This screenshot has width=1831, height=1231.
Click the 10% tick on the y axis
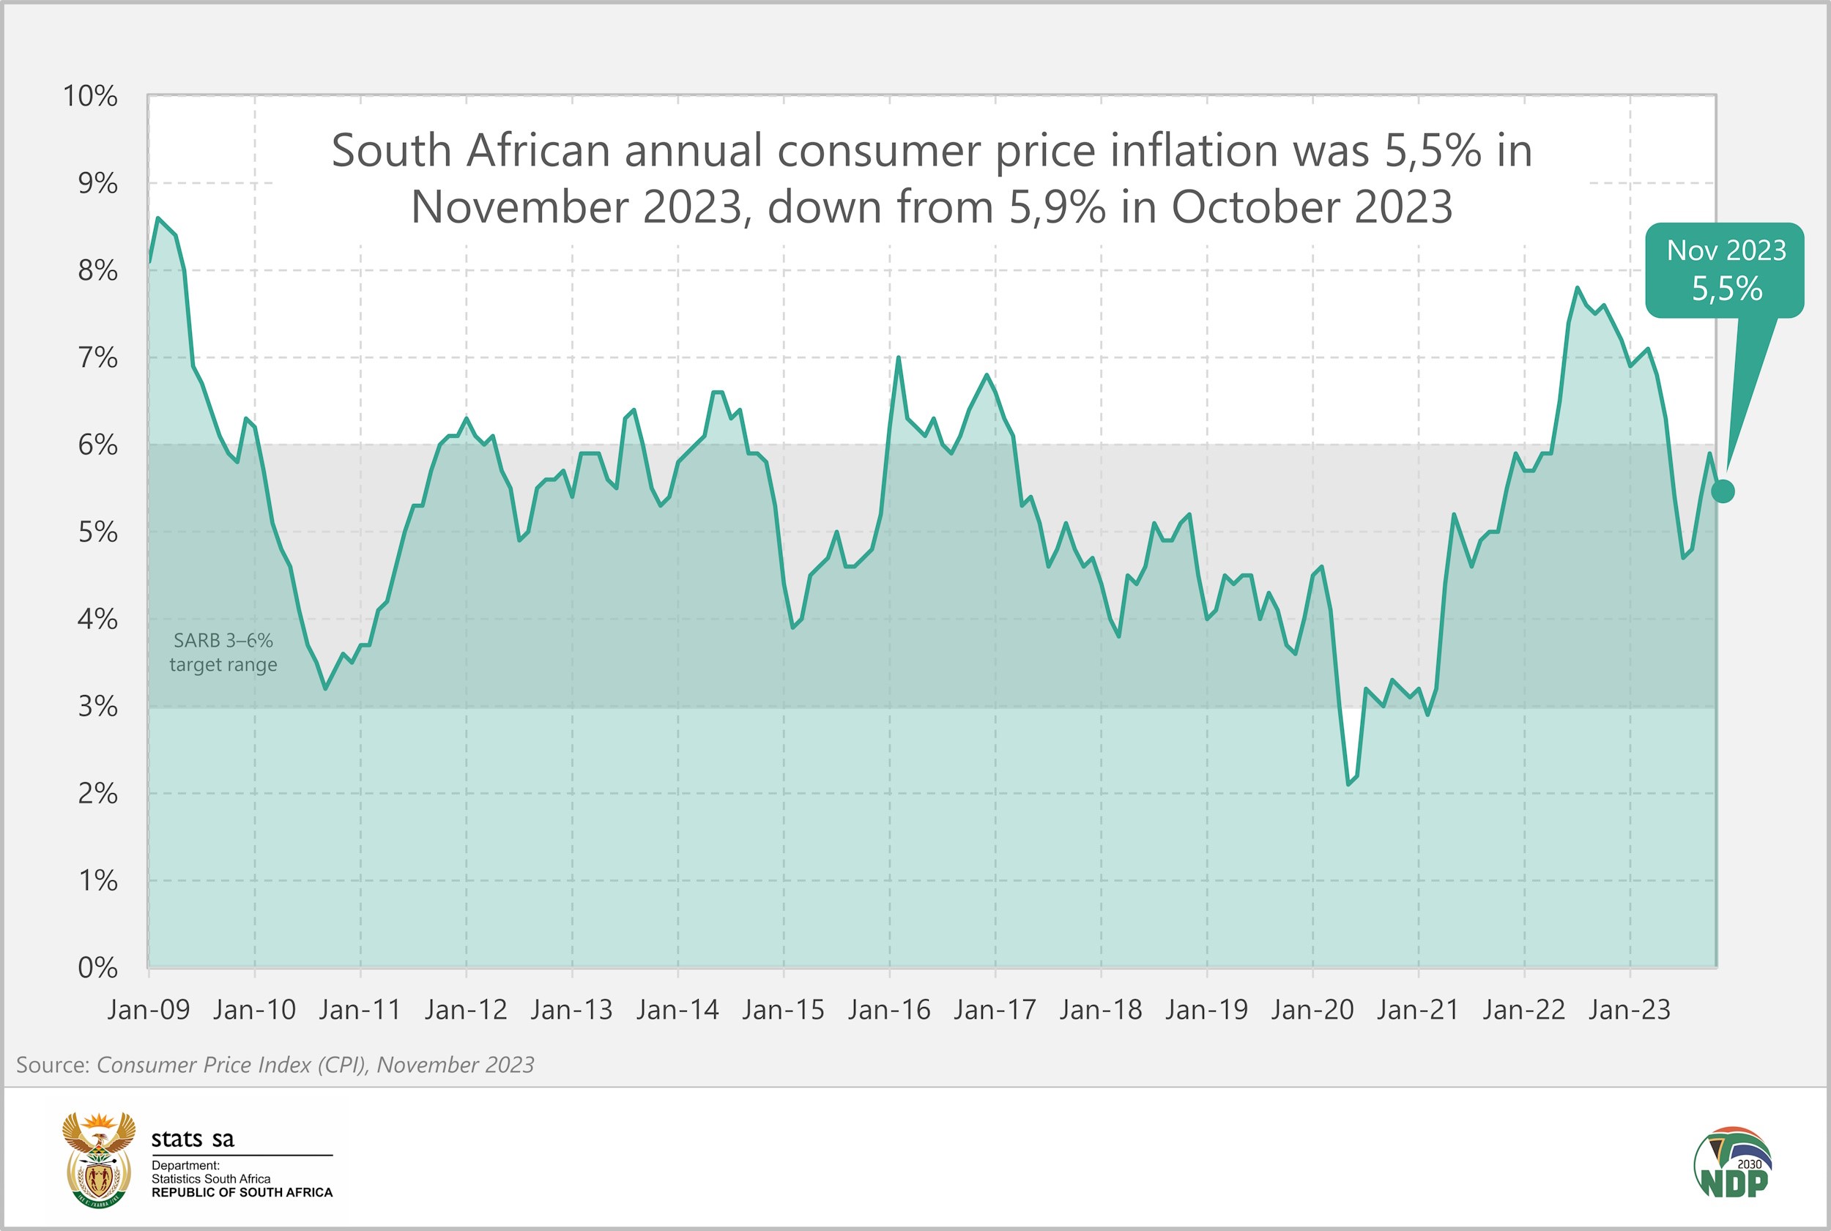pyautogui.click(x=90, y=97)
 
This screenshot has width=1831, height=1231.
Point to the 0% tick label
pyautogui.click(x=97, y=968)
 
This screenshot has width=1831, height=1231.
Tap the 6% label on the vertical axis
pyautogui.click(x=97, y=445)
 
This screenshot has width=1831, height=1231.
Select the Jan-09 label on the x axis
pyautogui.click(x=149, y=1010)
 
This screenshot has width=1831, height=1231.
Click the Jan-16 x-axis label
pyautogui.click(x=889, y=1010)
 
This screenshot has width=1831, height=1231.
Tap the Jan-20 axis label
pyautogui.click(x=1312, y=1010)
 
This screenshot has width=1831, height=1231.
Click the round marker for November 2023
pyautogui.click(x=1723, y=491)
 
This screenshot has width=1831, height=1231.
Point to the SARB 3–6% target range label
pyautogui.click(x=223, y=652)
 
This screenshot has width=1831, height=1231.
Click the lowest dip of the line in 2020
pyautogui.click(x=1348, y=784)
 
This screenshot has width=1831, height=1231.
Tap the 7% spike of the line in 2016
pyautogui.click(x=897, y=358)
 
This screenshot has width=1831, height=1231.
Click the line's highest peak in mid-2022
pyautogui.click(x=1577, y=288)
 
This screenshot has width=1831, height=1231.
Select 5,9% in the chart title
pyautogui.click(x=1057, y=207)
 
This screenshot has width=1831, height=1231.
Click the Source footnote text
pyautogui.click(x=275, y=1065)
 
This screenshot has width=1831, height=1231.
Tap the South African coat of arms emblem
pyautogui.click(x=98, y=1159)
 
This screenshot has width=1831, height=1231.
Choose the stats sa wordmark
pyautogui.click(x=193, y=1138)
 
